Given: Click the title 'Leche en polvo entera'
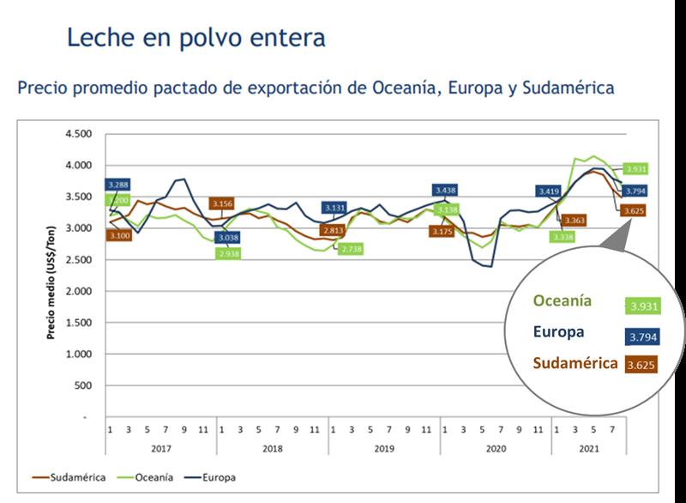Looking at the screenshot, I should pyautogui.click(x=196, y=39).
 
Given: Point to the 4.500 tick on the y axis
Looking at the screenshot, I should pyautogui.click(x=78, y=134).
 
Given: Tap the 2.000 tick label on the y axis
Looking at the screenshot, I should pyautogui.click(x=78, y=291).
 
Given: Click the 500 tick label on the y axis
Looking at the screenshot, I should pyautogui.click(x=83, y=385).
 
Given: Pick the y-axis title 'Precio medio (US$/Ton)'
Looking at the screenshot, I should pyautogui.click(x=51, y=275).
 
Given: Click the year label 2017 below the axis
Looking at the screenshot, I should pyautogui.click(x=161, y=447).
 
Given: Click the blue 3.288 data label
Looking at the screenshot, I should pyautogui.click(x=119, y=185).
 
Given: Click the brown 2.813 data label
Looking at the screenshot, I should pyautogui.click(x=335, y=230).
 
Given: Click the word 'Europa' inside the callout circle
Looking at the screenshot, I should pyautogui.click(x=558, y=332).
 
